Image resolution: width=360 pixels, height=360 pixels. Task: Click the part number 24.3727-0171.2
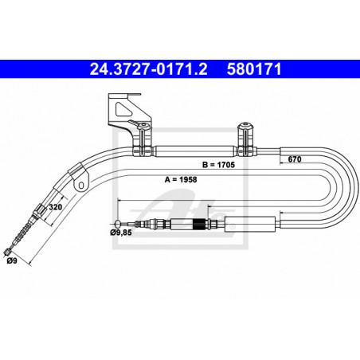[148, 69]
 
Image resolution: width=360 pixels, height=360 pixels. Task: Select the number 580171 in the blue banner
[254, 69]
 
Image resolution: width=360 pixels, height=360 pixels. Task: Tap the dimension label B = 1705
[218, 165]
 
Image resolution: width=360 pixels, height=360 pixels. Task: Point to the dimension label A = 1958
[181, 180]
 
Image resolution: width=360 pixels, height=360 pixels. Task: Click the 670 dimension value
[295, 159]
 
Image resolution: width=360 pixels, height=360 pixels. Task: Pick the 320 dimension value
[56, 207]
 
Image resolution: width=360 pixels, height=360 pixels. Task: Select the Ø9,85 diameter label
[121, 233]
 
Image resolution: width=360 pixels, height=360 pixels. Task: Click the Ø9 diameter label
[12, 260]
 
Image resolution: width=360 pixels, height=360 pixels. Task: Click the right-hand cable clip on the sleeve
[246, 139]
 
